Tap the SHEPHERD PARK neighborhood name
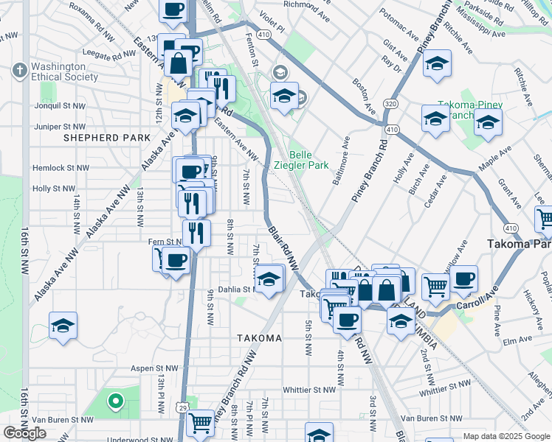click(107, 138)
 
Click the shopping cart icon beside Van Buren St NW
click(200, 424)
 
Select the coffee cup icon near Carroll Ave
click(464, 279)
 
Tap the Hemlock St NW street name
click(61, 168)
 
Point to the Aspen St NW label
click(154, 368)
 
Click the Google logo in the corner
click(24, 433)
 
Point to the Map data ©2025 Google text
click(505, 436)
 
